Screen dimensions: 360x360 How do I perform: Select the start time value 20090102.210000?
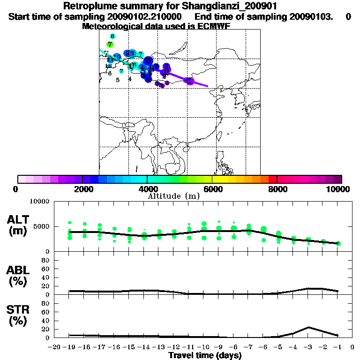click(141, 17)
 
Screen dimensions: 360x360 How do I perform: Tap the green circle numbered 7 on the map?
click(110, 45)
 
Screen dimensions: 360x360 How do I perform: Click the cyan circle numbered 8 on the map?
click(112, 36)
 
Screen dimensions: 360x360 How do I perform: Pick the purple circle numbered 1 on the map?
click(189, 81)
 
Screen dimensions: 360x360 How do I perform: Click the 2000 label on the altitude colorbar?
click(82, 189)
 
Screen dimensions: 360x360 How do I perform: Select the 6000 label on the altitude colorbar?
click(212, 189)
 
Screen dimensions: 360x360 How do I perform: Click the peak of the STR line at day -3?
click(308, 327)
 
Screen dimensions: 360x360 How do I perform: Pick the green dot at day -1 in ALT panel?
click(338, 243)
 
